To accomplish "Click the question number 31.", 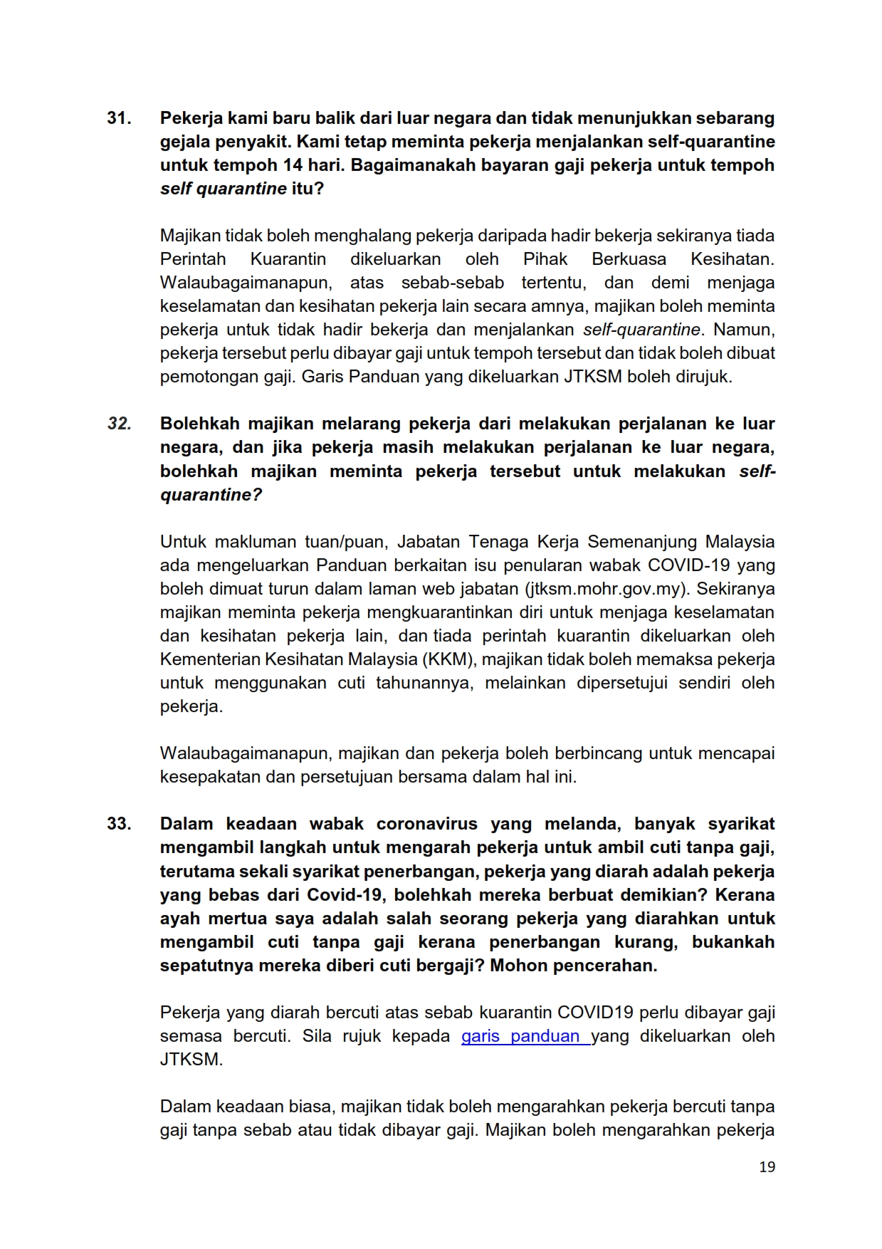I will pos(119,118).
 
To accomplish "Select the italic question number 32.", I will pos(120,424).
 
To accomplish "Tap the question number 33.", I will pos(119,824).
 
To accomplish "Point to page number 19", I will pos(767,1166).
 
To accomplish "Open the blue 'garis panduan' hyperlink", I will pos(525,1036).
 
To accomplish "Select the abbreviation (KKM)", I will pos(448,659).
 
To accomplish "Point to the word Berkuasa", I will pos(629,259).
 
